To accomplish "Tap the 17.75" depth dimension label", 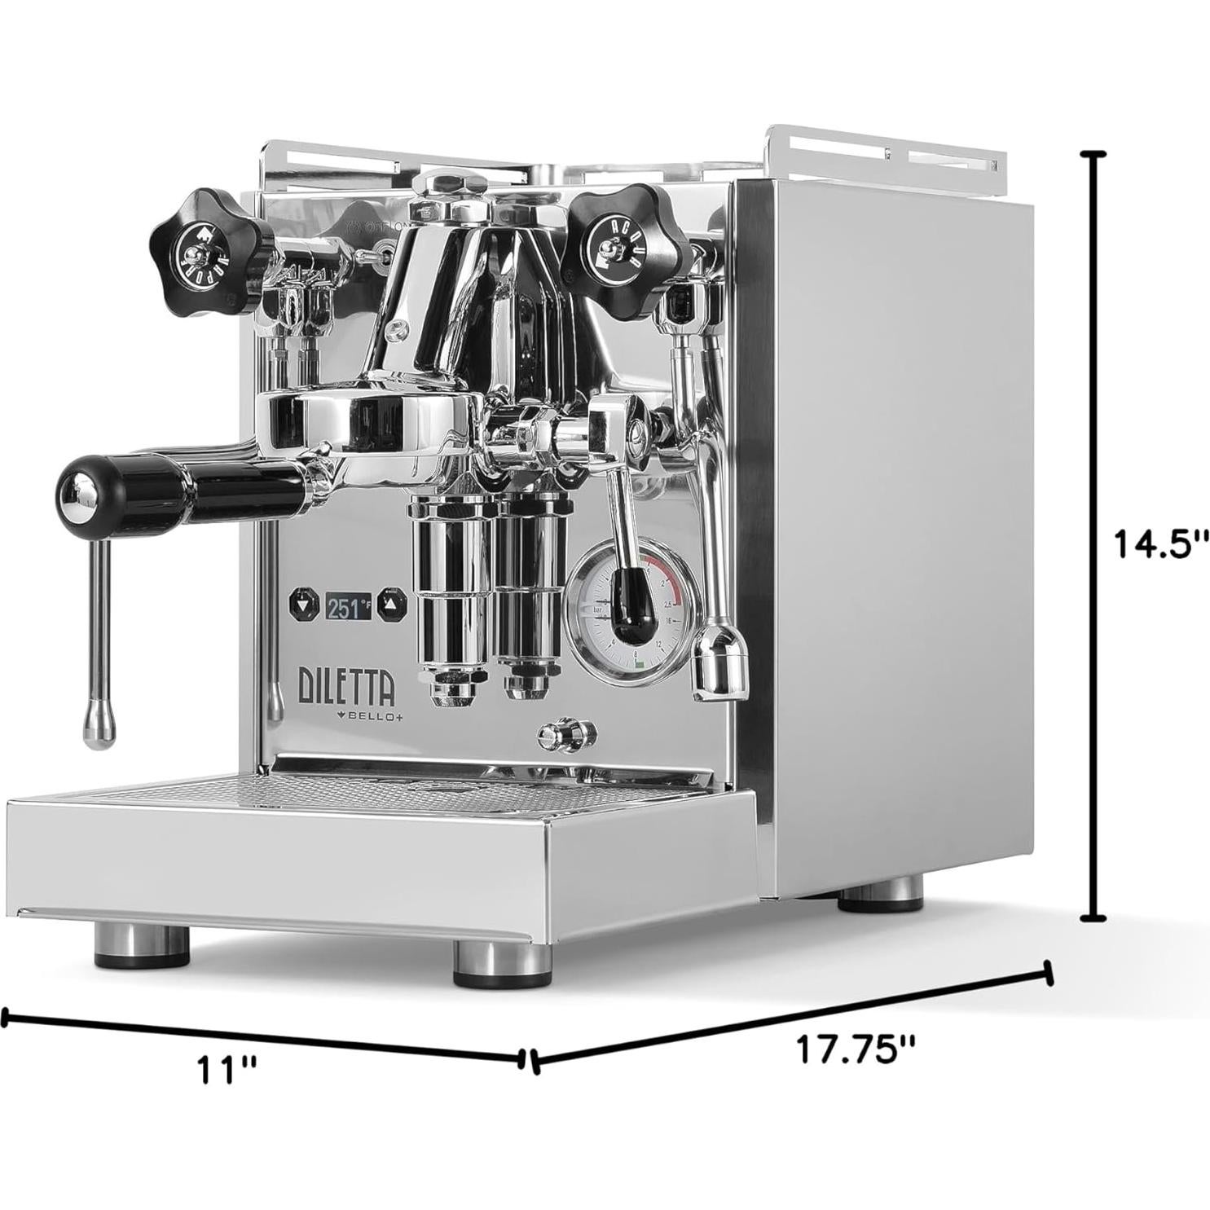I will point(856,1049).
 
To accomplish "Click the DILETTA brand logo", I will point(347,686).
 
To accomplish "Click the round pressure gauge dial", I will point(632,609).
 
